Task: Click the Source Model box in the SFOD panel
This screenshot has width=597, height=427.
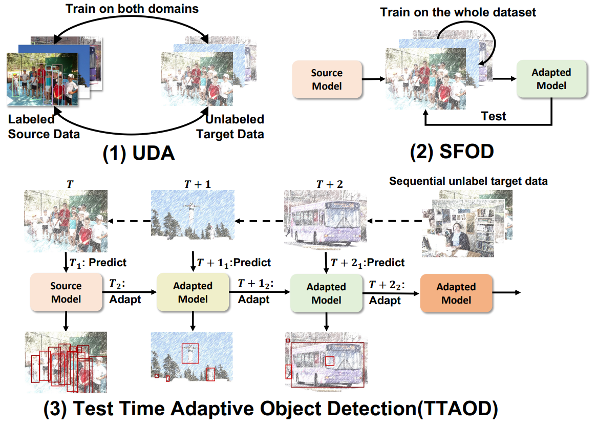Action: (x=327, y=79)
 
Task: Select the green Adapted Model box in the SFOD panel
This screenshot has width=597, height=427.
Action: (x=551, y=79)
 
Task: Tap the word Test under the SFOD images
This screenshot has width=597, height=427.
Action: (x=494, y=116)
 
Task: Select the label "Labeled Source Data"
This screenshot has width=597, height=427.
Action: (x=44, y=127)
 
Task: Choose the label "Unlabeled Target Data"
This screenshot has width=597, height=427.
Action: (x=234, y=127)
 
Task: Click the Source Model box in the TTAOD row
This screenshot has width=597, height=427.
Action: (x=66, y=293)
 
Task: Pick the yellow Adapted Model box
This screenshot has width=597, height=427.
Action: (x=193, y=292)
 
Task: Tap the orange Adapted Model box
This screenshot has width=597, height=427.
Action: (x=456, y=293)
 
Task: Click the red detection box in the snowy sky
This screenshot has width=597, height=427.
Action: (x=190, y=353)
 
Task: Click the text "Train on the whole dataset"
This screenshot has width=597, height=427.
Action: (x=458, y=12)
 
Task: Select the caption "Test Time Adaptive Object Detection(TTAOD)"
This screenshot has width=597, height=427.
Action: (x=271, y=409)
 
